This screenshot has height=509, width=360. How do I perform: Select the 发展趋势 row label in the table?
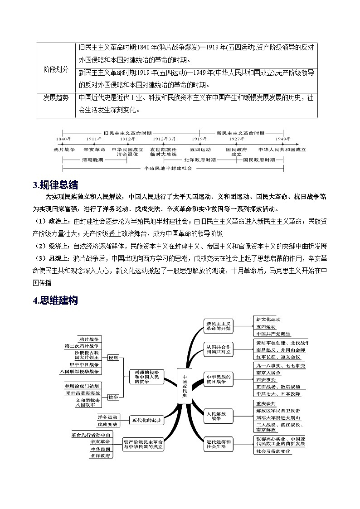(x=56, y=98)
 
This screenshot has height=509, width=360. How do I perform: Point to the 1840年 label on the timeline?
(x=64, y=139)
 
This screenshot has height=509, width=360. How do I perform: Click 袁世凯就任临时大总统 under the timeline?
(x=164, y=151)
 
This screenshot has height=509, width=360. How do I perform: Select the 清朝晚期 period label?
(x=92, y=160)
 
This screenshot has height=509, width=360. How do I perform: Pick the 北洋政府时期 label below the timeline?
(x=200, y=160)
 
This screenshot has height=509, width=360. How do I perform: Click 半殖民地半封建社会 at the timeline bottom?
(x=168, y=168)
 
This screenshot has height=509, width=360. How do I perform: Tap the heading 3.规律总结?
(x=55, y=185)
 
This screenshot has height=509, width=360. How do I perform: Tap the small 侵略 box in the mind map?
(x=113, y=358)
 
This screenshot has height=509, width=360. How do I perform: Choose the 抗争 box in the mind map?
(x=113, y=397)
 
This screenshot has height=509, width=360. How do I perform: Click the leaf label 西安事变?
(x=265, y=379)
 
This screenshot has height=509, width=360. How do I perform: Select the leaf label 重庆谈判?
(x=265, y=403)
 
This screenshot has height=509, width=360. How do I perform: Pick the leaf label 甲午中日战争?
(x=83, y=364)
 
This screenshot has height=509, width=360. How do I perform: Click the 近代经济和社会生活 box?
(x=218, y=444)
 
